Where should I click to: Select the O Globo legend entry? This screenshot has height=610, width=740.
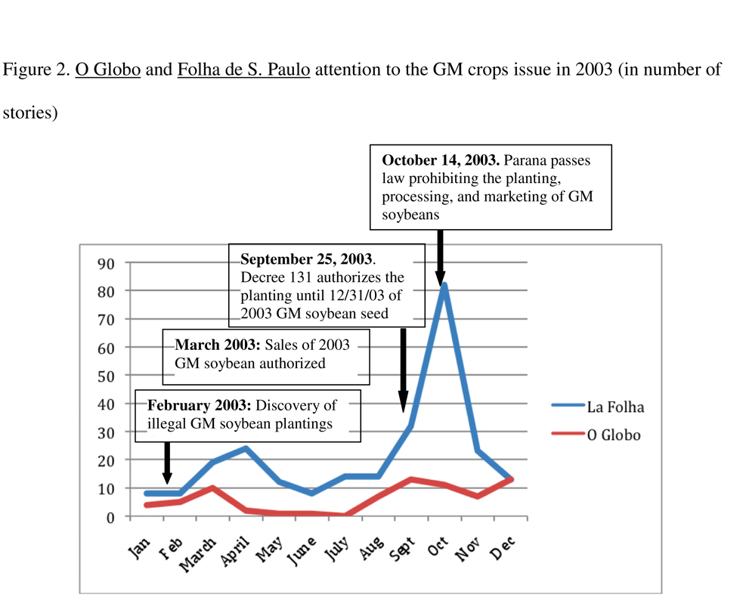point(613,435)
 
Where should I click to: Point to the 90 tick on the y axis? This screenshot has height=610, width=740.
point(105,263)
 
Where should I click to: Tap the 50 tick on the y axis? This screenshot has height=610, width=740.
point(105,376)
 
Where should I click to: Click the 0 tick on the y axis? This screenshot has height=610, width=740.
point(110,517)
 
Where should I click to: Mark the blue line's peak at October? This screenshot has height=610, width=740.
point(444,286)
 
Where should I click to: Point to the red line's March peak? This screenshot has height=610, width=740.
point(213,488)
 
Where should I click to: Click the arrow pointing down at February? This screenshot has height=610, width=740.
point(167,463)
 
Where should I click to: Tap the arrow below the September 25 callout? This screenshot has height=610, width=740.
point(403,370)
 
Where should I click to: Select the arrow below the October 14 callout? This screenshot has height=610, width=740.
point(440,256)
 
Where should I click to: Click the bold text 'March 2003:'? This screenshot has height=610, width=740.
point(218,345)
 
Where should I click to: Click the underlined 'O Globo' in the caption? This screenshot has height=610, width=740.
point(108,72)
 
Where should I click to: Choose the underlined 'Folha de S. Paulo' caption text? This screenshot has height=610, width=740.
point(243,72)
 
